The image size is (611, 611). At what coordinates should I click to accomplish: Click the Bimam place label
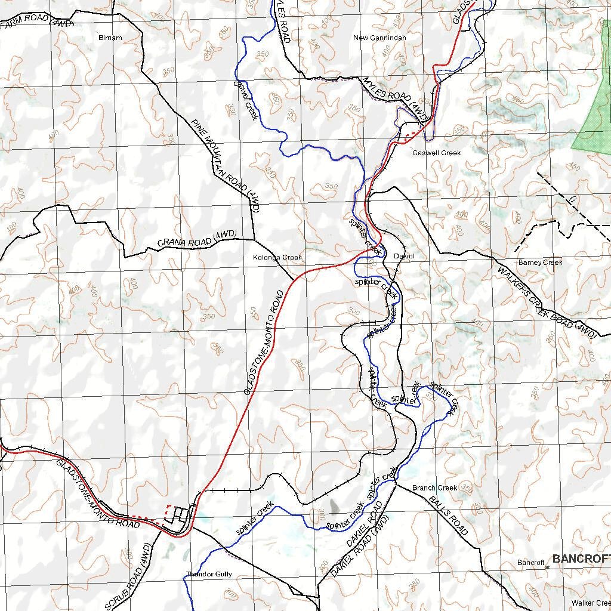click(x=110, y=38)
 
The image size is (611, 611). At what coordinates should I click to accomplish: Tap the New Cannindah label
click(x=379, y=38)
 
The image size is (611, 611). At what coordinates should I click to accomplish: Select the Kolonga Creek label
click(x=277, y=257)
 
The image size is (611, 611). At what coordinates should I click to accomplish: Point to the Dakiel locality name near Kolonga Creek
click(x=404, y=257)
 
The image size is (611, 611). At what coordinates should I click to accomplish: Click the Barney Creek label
click(x=540, y=263)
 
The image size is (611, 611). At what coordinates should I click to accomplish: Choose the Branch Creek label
click(x=434, y=487)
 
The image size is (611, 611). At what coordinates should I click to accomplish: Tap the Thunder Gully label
click(x=208, y=575)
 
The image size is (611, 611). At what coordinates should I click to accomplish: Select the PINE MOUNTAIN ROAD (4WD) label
click(x=226, y=165)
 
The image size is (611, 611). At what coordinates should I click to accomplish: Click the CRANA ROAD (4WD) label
click(x=198, y=238)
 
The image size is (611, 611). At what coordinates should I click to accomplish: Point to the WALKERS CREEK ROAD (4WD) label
click(x=547, y=303)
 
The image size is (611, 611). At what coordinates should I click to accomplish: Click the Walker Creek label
click(x=591, y=603)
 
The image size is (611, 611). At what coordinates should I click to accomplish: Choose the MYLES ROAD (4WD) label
click(x=395, y=100)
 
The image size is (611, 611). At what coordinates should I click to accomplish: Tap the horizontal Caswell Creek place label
click(x=437, y=153)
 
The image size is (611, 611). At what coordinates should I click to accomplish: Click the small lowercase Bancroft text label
click(x=530, y=563)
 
